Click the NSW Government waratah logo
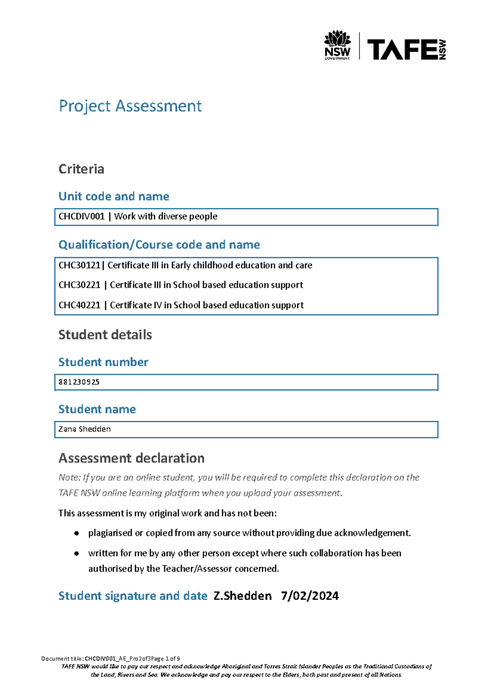(337, 44)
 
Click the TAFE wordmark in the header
(402, 50)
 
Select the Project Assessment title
(130, 106)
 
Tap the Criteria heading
(81, 169)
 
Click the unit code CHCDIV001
(82, 216)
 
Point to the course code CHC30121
(79, 265)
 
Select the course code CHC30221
(79, 285)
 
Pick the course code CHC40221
(79, 305)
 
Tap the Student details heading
(105, 335)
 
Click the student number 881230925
(79, 382)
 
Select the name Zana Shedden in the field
(84, 429)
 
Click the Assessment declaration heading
(131, 458)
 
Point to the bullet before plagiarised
(77, 533)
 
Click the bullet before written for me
(77, 553)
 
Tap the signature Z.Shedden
(242, 596)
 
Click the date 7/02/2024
(310, 596)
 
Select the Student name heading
(97, 409)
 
